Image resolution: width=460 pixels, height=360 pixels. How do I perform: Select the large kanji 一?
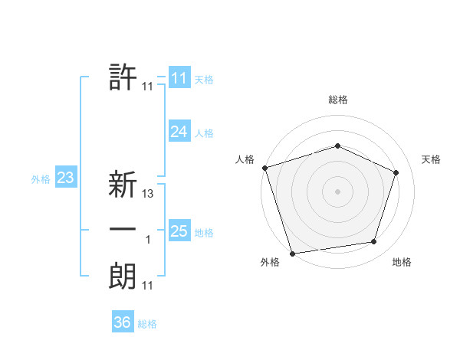point(123,231)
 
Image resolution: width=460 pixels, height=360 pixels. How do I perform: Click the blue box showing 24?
point(179,132)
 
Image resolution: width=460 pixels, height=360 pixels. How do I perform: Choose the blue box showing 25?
point(179,231)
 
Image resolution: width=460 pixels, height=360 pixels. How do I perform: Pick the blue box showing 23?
point(65,178)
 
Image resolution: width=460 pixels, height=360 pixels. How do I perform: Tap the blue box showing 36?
point(122,322)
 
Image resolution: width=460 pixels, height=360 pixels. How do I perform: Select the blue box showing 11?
point(179,78)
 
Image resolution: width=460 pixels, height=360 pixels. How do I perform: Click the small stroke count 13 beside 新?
point(148,195)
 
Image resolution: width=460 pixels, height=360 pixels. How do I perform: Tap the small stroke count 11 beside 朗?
point(148,286)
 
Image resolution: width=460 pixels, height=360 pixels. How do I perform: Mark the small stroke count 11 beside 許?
point(148,87)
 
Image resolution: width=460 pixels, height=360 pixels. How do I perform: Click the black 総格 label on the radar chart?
point(337,100)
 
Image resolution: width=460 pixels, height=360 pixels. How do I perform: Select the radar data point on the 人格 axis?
point(264,167)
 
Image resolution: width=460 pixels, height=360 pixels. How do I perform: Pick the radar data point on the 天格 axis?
point(396,172)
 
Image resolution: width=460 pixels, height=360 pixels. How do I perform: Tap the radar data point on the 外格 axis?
point(292,253)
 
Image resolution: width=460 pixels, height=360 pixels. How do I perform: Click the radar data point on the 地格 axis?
point(373,242)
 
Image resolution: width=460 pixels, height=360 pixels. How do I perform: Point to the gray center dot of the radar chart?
point(337,191)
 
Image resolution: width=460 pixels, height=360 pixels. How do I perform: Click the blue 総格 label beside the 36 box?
point(147,324)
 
